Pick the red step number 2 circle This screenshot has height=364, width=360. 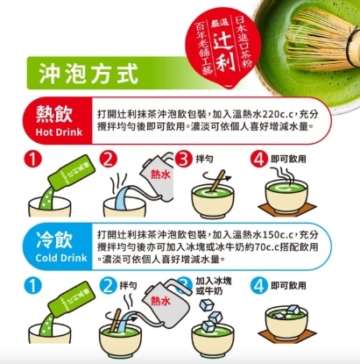tap(109, 160)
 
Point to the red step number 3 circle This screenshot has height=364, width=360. tap(183, 160)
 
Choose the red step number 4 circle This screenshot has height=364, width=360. tap(259, 160)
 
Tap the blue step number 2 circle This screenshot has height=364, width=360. tap(109, 286)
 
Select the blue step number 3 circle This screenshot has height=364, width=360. tap(183, 286)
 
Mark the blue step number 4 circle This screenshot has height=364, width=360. tap(259, 286)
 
